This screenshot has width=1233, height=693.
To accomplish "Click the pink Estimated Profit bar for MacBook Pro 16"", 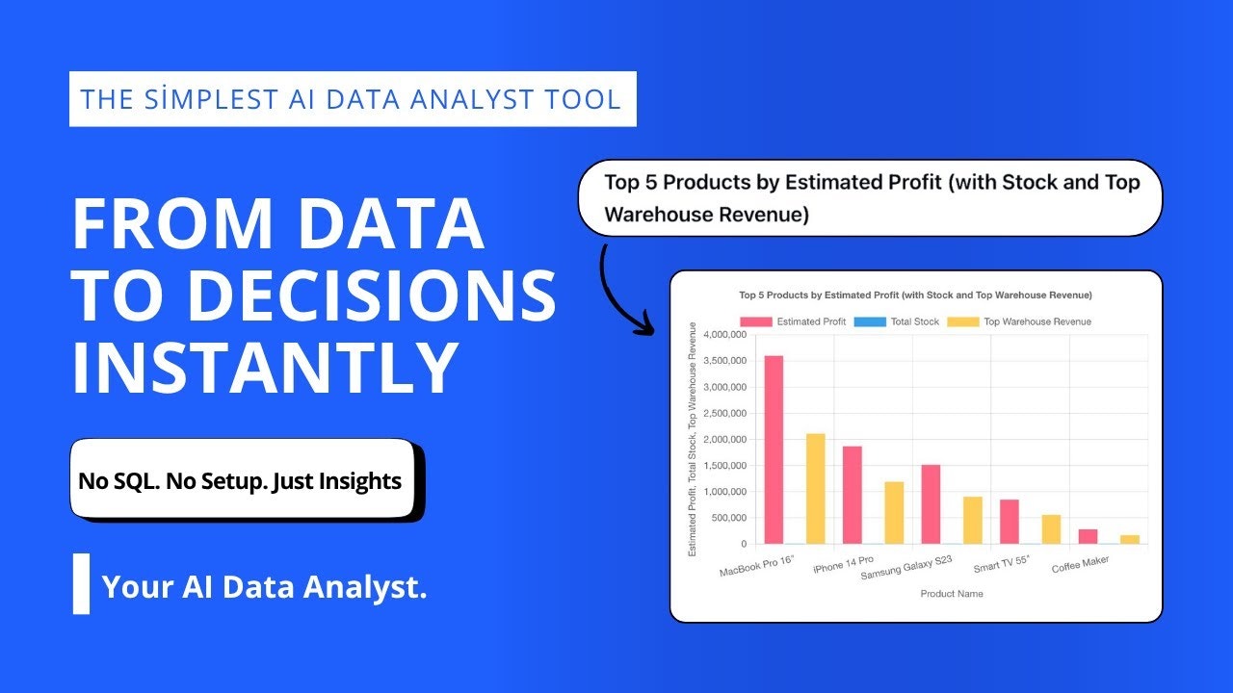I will tap(774, 449).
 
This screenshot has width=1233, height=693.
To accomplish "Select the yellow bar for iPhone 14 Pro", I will tap(894, 513).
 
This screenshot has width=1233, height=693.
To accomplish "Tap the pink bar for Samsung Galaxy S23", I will tap(931, 504).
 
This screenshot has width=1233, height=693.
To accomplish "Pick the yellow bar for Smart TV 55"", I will tap(1051, 529).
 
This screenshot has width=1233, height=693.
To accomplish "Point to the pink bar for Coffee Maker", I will tap(1088, 537).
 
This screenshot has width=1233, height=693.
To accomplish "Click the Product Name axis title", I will tap(952, 594).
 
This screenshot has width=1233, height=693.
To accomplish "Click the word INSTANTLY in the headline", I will tap(264, 369).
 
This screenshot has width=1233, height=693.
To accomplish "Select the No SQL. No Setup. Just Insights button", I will tap(241, 479).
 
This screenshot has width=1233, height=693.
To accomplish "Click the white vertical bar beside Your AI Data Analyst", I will tap(82, 583).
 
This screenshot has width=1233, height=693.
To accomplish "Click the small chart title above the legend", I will tap(915, 295).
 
